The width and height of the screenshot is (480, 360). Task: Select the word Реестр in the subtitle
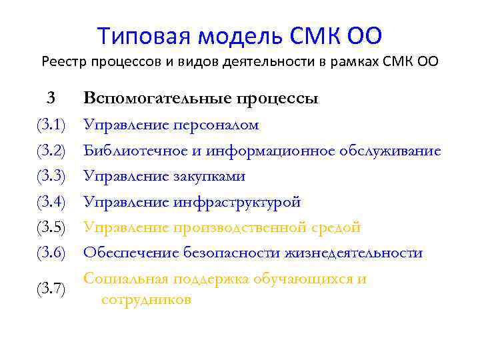[x=63, y=63]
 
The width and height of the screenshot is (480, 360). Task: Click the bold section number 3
[x=51, y=99]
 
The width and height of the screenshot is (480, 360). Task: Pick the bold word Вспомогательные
[x=157, y=99]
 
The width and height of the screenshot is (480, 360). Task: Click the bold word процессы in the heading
[x=277, y=100]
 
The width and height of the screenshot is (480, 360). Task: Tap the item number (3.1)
[x=51, y=125]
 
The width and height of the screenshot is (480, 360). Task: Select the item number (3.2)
[x=51, y=151]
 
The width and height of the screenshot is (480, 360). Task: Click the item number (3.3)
[x=51, y=177]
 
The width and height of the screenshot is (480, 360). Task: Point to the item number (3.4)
[x=51, y=202]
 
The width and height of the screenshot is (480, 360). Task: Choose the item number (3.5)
[x=51, y=228]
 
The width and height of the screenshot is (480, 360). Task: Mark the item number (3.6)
[x=51, y=253]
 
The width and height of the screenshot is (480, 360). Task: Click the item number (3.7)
[x=51, y=289]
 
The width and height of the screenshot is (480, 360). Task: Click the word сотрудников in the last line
[x=147, y=300]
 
